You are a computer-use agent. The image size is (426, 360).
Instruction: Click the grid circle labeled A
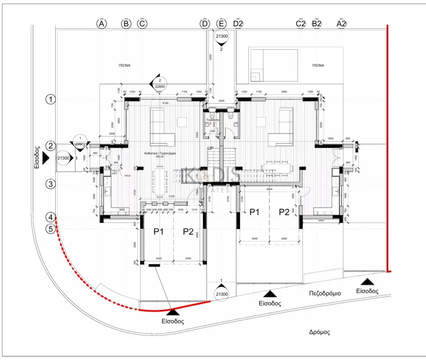click(x=102, y=24)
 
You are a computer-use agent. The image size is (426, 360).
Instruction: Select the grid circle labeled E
click(x=221, y=24)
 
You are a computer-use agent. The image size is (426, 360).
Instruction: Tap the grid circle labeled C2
click(x=300, y=24)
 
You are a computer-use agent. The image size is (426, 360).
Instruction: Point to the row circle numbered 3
click(x=51, y=184)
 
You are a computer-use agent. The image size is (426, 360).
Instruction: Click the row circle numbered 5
click(x=51, y=228)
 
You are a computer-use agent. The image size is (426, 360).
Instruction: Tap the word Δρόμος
click(x=319, y=332)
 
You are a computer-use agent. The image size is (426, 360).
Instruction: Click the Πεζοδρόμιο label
click(x=325, y=293)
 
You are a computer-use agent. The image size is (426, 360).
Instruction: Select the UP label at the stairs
click(x=211, y=148)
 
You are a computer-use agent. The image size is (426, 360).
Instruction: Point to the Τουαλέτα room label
click(x=213, y=120)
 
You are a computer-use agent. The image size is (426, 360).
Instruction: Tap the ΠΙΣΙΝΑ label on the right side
click(x=318, y=66)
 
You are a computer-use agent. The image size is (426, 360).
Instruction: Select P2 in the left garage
click(x=188, y=232)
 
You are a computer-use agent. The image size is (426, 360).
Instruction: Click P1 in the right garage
click(x=254, y=212)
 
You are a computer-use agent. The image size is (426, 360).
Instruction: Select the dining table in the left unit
click(x=159, y=181)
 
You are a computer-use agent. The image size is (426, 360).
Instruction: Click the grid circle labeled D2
click(x=238, y=24)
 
